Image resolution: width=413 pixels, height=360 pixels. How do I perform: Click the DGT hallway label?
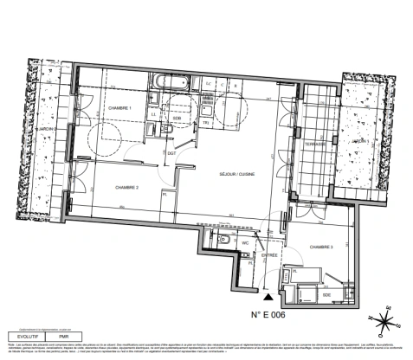(171, 153)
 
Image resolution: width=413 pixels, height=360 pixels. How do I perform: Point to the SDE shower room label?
(327, 294)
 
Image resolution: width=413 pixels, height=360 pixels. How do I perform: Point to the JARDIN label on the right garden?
(360, 140)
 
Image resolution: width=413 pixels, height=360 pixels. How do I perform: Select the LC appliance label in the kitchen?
(209, 84)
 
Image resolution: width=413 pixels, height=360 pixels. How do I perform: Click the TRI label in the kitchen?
(206, 123)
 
